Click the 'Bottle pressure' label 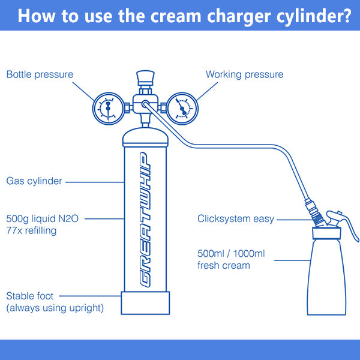coord(40,75)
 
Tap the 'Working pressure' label coord(244,75)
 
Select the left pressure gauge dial coord(108,108)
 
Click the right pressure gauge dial coord(181,108)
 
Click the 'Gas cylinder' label coord(34,181)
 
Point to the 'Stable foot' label coord(30,296)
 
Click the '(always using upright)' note coord(55,308)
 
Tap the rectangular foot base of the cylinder coord(144,303)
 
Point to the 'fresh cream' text coord(223,265)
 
